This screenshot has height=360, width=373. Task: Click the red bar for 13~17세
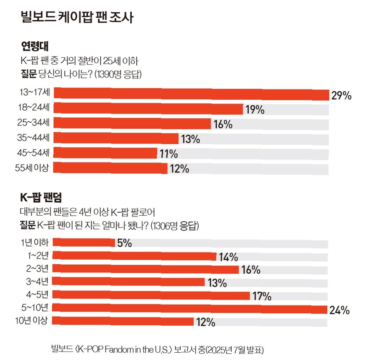click(192, 94)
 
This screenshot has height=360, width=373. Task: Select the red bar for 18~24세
click(148, 108)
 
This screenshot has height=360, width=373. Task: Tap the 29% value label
click(341, 96)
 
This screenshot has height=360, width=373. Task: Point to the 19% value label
click(255, 110)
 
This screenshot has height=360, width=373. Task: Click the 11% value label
click(169, 154)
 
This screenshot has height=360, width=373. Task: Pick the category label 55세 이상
click(32, 167)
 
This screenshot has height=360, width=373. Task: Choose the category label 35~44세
click(33, 137)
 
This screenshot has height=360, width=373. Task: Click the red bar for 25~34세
click(132, 123)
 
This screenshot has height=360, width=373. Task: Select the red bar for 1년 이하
click(84, 242)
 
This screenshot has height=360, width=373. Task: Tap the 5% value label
click(124, 243)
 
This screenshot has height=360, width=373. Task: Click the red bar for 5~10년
click(190, 309)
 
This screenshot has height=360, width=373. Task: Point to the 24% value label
click(339, 310)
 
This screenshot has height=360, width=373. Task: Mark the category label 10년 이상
click(31, 321)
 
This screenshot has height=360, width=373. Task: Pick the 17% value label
click(262, 296)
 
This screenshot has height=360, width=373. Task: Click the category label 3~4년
click(37, 282)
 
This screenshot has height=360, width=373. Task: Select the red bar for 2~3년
click(145, 269)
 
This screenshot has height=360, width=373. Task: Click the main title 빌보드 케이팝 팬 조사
click(77, 17)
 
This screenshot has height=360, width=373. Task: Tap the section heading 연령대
click(35, 46)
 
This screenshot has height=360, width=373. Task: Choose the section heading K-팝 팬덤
click(41, 197)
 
